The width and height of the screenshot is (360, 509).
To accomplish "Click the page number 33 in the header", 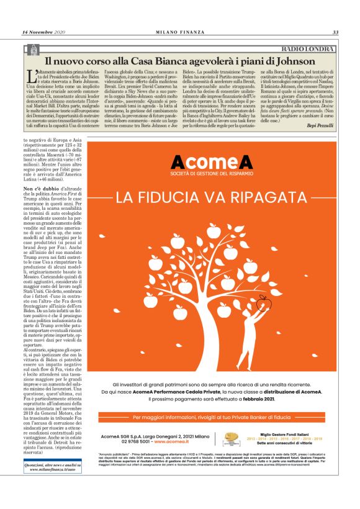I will pos(335,32).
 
